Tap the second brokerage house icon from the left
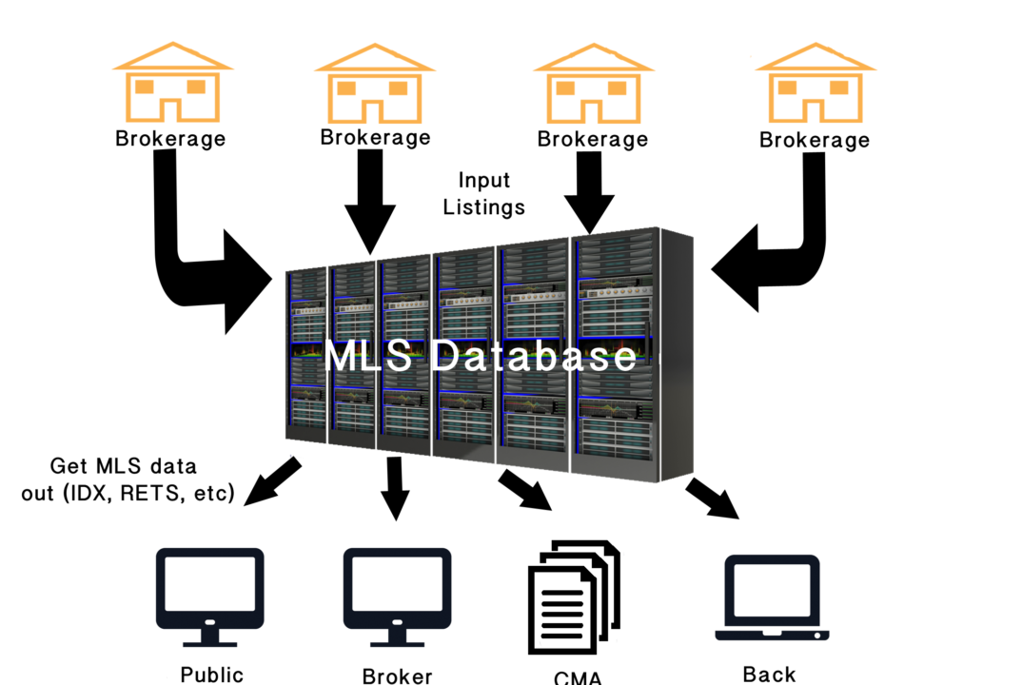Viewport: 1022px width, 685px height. click(x=375, y=83)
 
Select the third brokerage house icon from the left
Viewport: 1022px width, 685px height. click(x=594, y=83)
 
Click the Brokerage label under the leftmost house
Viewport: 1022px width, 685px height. click(x=170, y=139)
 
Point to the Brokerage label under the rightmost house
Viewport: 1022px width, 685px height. click(x=815, y=140)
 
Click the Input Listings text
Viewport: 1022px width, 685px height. click(x=483, y=193)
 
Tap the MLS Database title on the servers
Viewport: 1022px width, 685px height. click(x=480, y=356)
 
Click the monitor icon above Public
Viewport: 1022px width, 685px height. click(x=210, y=597)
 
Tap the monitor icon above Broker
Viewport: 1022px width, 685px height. click(x=398, y=597)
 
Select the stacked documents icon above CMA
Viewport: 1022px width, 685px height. click(x=574, y=597)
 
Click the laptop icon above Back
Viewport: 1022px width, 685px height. click(x=773, y=598)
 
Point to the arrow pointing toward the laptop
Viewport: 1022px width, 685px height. click(x=713, y=499)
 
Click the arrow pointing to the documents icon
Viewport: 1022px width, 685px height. click(x=525, y=491)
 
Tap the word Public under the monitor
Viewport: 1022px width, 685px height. click(x=212, y=675)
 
